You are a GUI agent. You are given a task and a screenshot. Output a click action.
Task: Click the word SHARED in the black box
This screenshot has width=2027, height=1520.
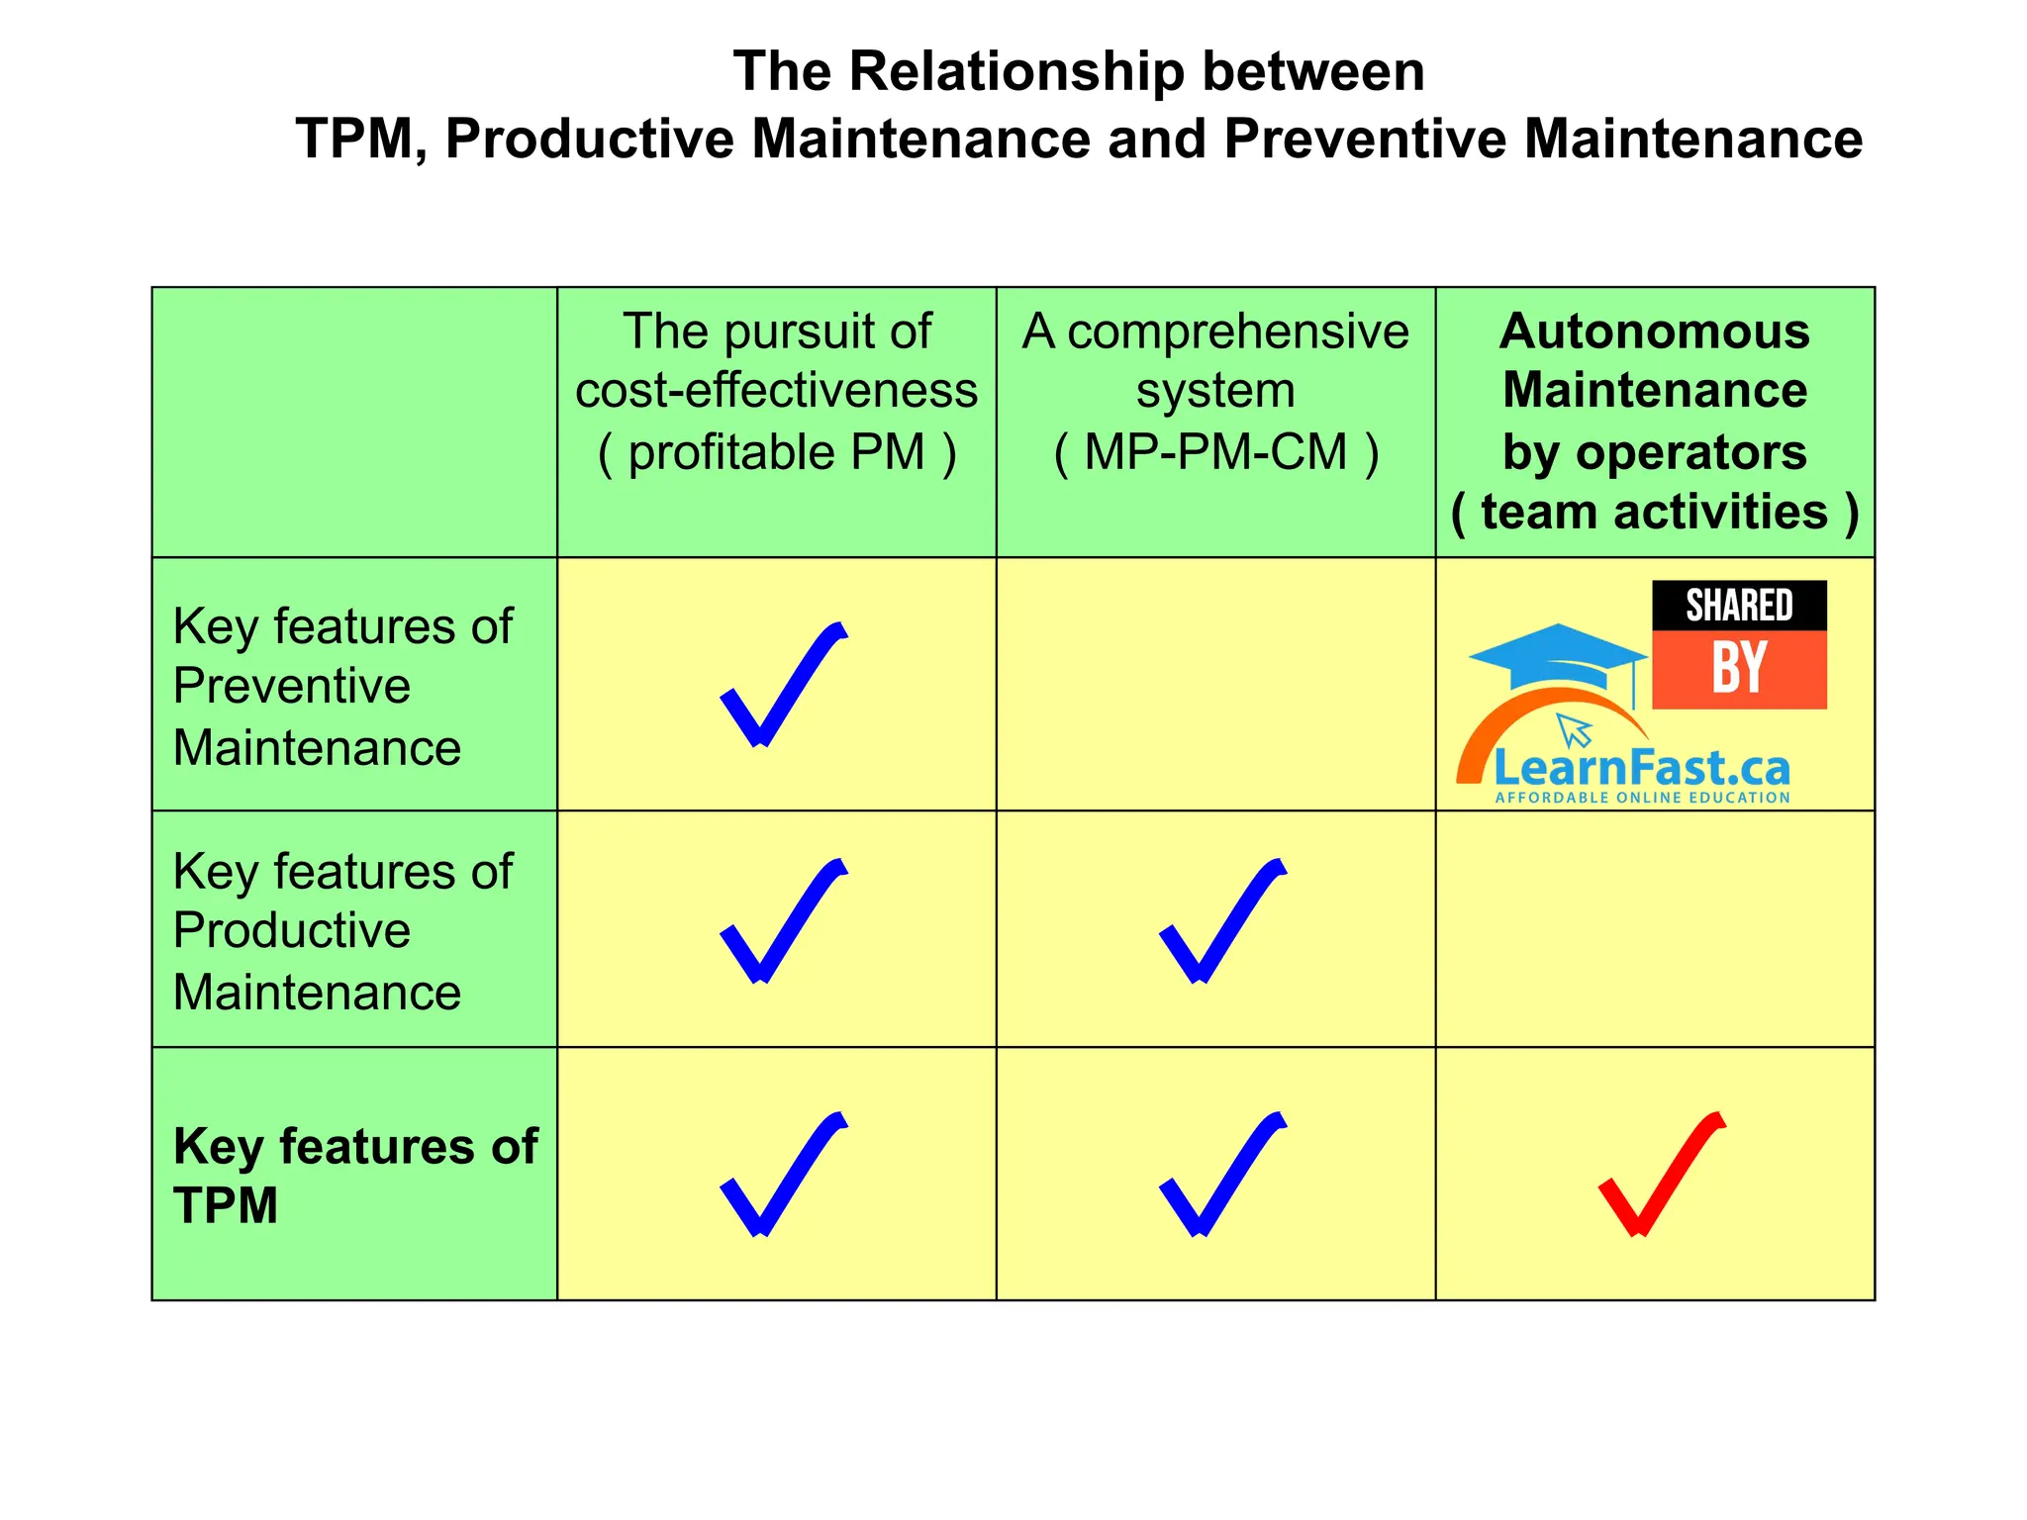1739,606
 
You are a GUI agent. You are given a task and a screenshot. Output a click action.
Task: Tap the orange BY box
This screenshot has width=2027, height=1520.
1739,669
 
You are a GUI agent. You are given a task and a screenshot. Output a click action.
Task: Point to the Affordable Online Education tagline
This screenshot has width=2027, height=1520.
1642,798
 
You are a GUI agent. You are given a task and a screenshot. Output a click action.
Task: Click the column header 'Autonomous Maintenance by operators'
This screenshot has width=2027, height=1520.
1655,421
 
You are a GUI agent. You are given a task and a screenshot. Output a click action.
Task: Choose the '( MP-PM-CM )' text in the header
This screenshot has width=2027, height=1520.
1215,453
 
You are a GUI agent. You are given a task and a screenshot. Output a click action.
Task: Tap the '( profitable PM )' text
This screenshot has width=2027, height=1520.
777,453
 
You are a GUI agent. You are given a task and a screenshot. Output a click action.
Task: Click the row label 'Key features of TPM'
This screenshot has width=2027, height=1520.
354,1176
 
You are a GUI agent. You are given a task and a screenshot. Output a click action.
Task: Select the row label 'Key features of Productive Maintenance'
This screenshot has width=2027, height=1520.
341,931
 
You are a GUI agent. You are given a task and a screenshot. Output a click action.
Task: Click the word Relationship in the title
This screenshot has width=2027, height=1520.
1016,72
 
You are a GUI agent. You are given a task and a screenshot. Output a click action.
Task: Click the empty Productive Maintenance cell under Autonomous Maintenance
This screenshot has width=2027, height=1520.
1655,928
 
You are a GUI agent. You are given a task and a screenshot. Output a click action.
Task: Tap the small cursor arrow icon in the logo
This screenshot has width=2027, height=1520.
1575,730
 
